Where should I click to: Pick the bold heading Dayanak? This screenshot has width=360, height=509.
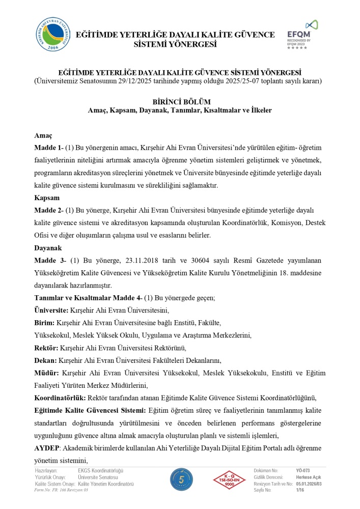pyautogui.click(x=48, y=248)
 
